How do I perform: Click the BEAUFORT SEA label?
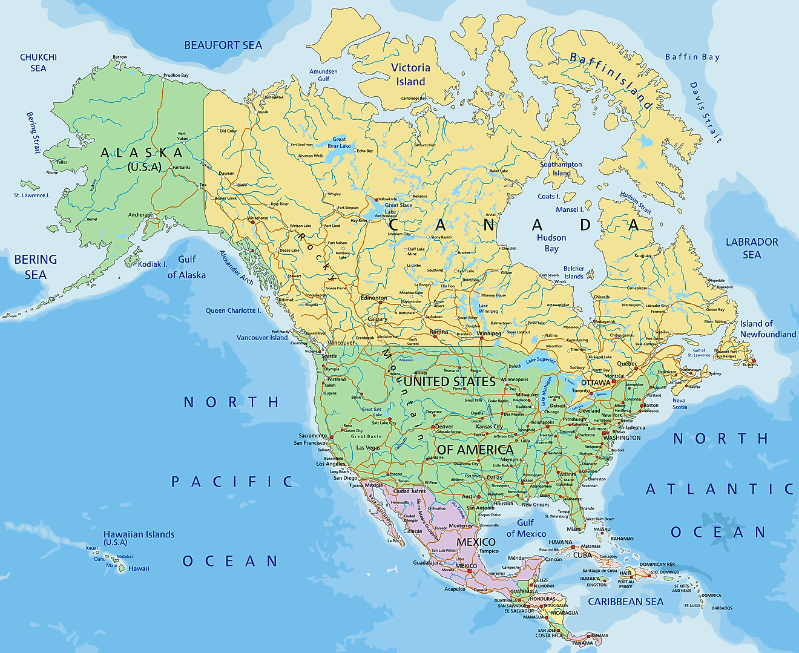223,45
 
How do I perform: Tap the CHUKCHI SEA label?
38,62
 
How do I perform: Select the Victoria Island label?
410,74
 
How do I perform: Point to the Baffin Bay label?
692,57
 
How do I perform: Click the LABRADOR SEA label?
752,248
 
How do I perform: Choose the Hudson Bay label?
551,243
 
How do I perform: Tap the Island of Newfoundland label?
768,329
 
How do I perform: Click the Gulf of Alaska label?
186,267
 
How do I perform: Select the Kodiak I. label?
153,264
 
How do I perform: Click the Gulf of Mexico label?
525,528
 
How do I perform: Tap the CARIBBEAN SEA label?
625,602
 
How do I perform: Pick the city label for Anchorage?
140,215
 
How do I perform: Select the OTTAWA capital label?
596,382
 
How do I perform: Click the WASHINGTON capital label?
622,438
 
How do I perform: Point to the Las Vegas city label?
368,448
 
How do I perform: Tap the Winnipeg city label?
488,333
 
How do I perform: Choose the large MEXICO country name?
476,542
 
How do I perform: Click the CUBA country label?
582,555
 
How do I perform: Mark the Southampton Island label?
561,168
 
